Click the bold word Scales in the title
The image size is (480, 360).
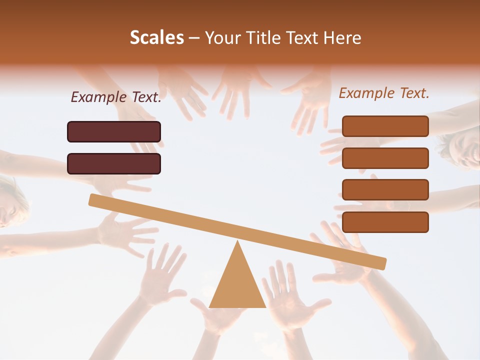tap(156, 38)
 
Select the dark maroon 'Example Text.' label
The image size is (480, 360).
tap(116, 97)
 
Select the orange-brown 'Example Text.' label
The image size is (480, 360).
tap(384, 93)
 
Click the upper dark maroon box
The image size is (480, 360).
tap(114, 131)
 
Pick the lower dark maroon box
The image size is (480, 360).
tap(114, 163)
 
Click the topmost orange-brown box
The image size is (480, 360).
tap(385, 126)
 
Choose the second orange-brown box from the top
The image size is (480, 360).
tap(385, 158)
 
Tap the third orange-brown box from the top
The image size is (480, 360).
tap(385, 189)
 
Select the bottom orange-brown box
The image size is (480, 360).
tap(385, 222)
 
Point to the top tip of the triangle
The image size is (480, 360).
tap(238, 242)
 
